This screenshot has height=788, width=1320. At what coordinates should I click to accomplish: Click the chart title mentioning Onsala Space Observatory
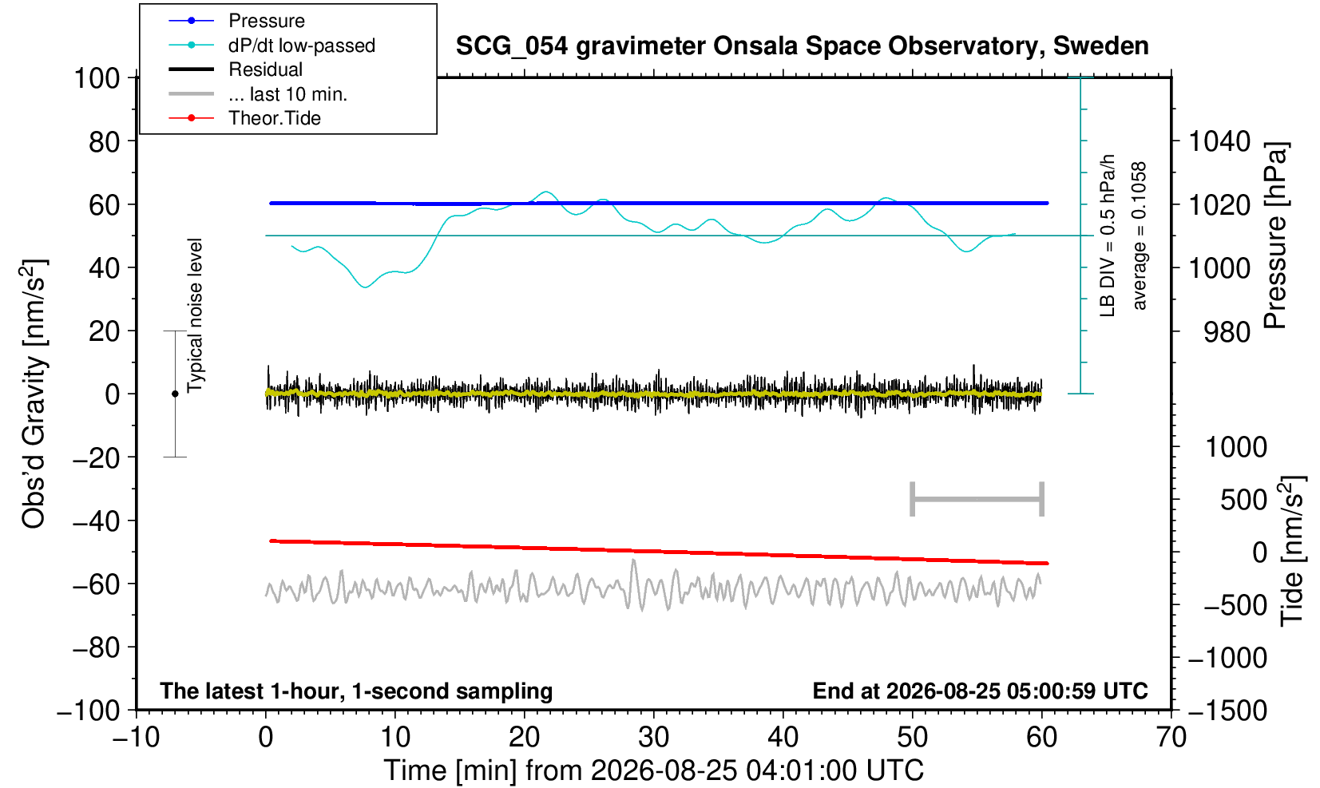click(x=802, y=46)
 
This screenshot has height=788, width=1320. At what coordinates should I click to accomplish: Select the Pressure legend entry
click(x=237, y=22)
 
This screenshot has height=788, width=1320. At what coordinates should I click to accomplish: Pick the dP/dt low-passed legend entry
click(x=272, y=46)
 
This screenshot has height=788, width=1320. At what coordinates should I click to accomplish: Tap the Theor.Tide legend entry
click(x=244, y=118)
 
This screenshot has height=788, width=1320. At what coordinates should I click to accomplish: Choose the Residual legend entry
click(x=236, y=69)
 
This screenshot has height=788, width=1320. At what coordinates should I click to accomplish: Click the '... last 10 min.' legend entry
click(x=258, y=93)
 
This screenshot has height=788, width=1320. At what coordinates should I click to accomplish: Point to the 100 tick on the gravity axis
click(x=97, y=78)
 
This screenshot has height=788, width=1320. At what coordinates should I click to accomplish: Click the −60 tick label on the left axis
click(x=96, y=584)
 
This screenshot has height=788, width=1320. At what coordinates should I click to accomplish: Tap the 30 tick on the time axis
click(x=653, y=738)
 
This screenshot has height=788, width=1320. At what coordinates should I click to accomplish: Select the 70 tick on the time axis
click(x=1171, y=738)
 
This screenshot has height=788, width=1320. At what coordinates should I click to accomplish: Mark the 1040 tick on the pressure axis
click(x=1220, y=141)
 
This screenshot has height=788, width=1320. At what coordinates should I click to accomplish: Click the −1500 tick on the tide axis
click(x=1227, y=711)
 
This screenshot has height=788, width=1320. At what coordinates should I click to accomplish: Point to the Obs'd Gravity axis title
click(x=34, y=394)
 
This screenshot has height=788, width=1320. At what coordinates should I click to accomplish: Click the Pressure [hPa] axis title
click(x=1275, y=236)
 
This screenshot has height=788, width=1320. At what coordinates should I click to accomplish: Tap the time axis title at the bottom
click(x=653, y=770)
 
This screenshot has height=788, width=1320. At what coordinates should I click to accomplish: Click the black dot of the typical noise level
click(x=175, y=394)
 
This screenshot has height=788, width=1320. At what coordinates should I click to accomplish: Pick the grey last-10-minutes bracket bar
click(x=977, y=499)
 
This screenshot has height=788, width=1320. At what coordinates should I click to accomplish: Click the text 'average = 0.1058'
click(x=1140, y=236)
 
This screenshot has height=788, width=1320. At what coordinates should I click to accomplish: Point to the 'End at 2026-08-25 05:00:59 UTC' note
click(x=980, y=691)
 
